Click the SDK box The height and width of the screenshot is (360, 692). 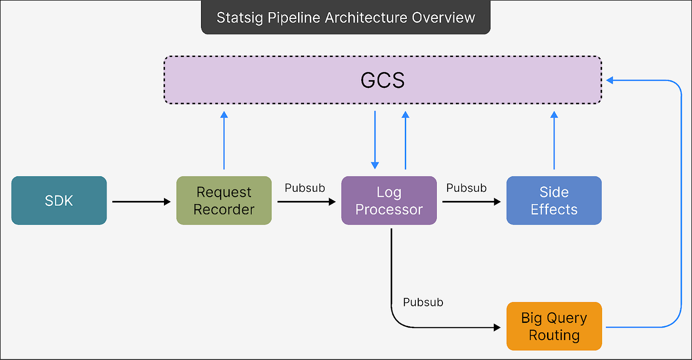pyautogui.click(x=59, y=200)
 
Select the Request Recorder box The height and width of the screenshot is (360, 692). pyautogui.click(x=224, y=200)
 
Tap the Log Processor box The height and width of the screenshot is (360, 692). pyautogui.click(x=389, y=200)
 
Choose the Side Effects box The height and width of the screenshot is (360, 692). pyautogui.click(x=554, y=200)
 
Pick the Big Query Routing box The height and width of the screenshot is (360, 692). pyautogui.click(x=554, y=326)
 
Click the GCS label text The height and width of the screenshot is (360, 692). pyautogui.click(x=383, y=80)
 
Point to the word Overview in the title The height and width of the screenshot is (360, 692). pyautogui.click(x=443, y=18)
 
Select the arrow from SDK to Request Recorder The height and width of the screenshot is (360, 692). pyautogui.click(x=142, y=202)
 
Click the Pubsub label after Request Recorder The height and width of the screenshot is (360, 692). pyautogui.click(x=305, y=188)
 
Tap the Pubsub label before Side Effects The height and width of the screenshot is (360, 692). pyautogui.click(x=467, y=188)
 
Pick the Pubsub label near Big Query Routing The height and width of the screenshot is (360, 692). pyautogui.click(x=423, y=302)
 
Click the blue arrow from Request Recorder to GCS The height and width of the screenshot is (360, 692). pyautogui.click(x=224, y=141)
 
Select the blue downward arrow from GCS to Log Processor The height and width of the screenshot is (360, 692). pyautogui.click(x=375, y=140)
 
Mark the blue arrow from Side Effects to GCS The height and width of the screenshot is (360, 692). pyautogui.click(x=554, y=141)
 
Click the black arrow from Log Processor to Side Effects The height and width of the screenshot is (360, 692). pyautogui.click(x=471, y=202)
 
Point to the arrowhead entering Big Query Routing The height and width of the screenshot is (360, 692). pyautogui.click(x=497, y=327)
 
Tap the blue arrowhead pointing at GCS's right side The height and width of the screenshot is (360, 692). pyautogui.click(x=609, y=80)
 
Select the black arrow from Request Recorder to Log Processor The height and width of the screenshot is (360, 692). pyautogui.click(x=307, y=202)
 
